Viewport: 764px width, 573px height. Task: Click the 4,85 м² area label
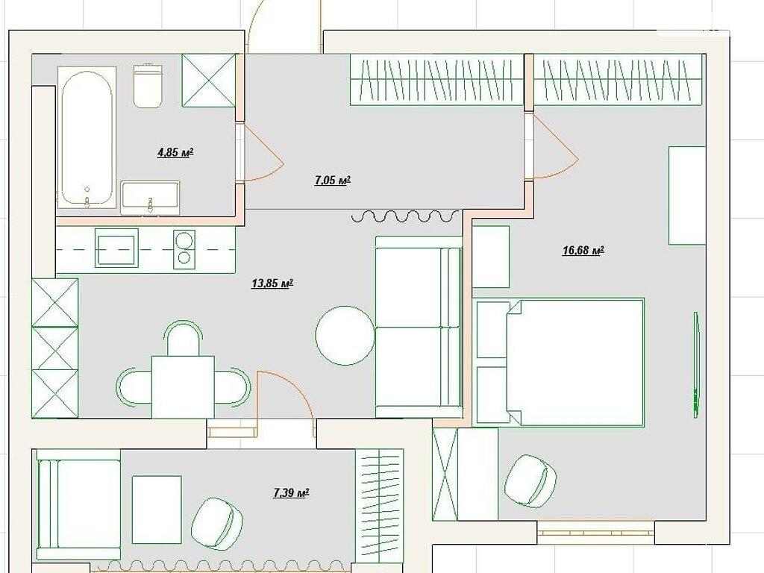[x=175, y=153]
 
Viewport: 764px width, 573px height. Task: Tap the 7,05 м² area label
[x=333, y=181]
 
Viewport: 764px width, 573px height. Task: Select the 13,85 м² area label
[x=272, y=283]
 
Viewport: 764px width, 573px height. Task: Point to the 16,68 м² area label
[x=583, y=251]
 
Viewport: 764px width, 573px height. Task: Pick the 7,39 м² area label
[x=292, y=493]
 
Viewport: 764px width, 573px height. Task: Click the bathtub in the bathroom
[x=87, y=139]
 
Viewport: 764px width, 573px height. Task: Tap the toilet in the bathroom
[x=147, y=85]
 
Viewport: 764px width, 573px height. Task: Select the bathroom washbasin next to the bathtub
[x=150, y=197]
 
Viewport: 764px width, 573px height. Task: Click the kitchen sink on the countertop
[x=116, y=248]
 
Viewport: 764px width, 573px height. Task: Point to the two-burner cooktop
[x=184, y=248]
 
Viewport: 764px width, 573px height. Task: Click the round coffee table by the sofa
[x=345, y=335]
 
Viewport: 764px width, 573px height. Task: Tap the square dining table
[x=183, y=387]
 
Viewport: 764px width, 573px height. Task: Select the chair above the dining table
[x=183, y=338]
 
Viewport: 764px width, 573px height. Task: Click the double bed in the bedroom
[x=575, y=363]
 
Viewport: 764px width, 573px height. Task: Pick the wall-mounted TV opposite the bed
[x=697, y=364]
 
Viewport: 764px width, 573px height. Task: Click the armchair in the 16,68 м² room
[x=530, y=480]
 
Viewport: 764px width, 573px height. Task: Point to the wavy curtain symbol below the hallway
[x=405, y=216]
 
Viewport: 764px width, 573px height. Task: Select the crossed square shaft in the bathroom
[x=209, y=80]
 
